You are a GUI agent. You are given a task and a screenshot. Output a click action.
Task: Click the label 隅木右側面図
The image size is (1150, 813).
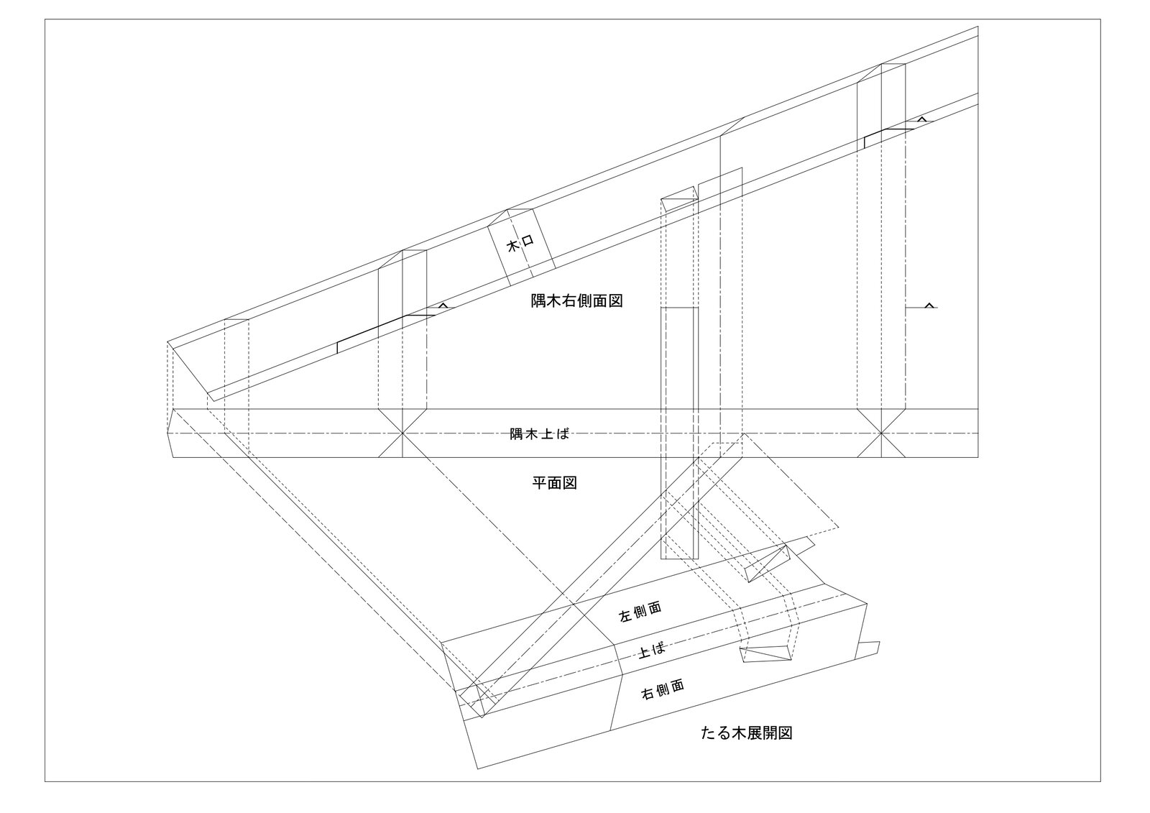click(x=576, y=301)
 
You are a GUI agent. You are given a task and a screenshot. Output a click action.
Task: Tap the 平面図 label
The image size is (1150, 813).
click(x=554, y=483)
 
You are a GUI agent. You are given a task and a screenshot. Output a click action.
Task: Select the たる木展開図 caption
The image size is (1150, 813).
click(x=747, y=733)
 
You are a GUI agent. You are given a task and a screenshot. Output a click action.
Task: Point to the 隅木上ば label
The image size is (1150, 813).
click(x=539, y=433)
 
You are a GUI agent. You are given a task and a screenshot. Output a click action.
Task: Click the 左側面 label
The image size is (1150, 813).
click(x=640, y=612)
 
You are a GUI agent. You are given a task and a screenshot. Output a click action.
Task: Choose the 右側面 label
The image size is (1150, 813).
click(x=662, y=689)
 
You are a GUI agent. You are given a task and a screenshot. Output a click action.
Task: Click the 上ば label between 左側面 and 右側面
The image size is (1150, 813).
click(x=651, y=651)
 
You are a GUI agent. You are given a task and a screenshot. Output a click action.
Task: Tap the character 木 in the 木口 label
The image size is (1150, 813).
click(x=513, y=247)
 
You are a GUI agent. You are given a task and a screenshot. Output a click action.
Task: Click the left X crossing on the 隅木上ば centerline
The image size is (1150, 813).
click(x=402, y=433)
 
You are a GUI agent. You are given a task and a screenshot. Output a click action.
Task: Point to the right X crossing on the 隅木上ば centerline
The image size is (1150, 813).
click(x=882, y=433)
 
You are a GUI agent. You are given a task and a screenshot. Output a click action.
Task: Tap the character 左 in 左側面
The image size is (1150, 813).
click(x=625, y=616)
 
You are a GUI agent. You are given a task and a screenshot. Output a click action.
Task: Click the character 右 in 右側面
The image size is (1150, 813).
click(x=647, y=694)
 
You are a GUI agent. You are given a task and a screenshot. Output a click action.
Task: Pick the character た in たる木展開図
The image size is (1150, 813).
click(x=708, y=734)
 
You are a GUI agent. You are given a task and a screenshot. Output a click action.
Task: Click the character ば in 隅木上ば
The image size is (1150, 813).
click(x=563, y=433)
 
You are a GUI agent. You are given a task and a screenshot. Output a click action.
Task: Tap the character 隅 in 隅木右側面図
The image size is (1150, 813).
click(x=538, y=301)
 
